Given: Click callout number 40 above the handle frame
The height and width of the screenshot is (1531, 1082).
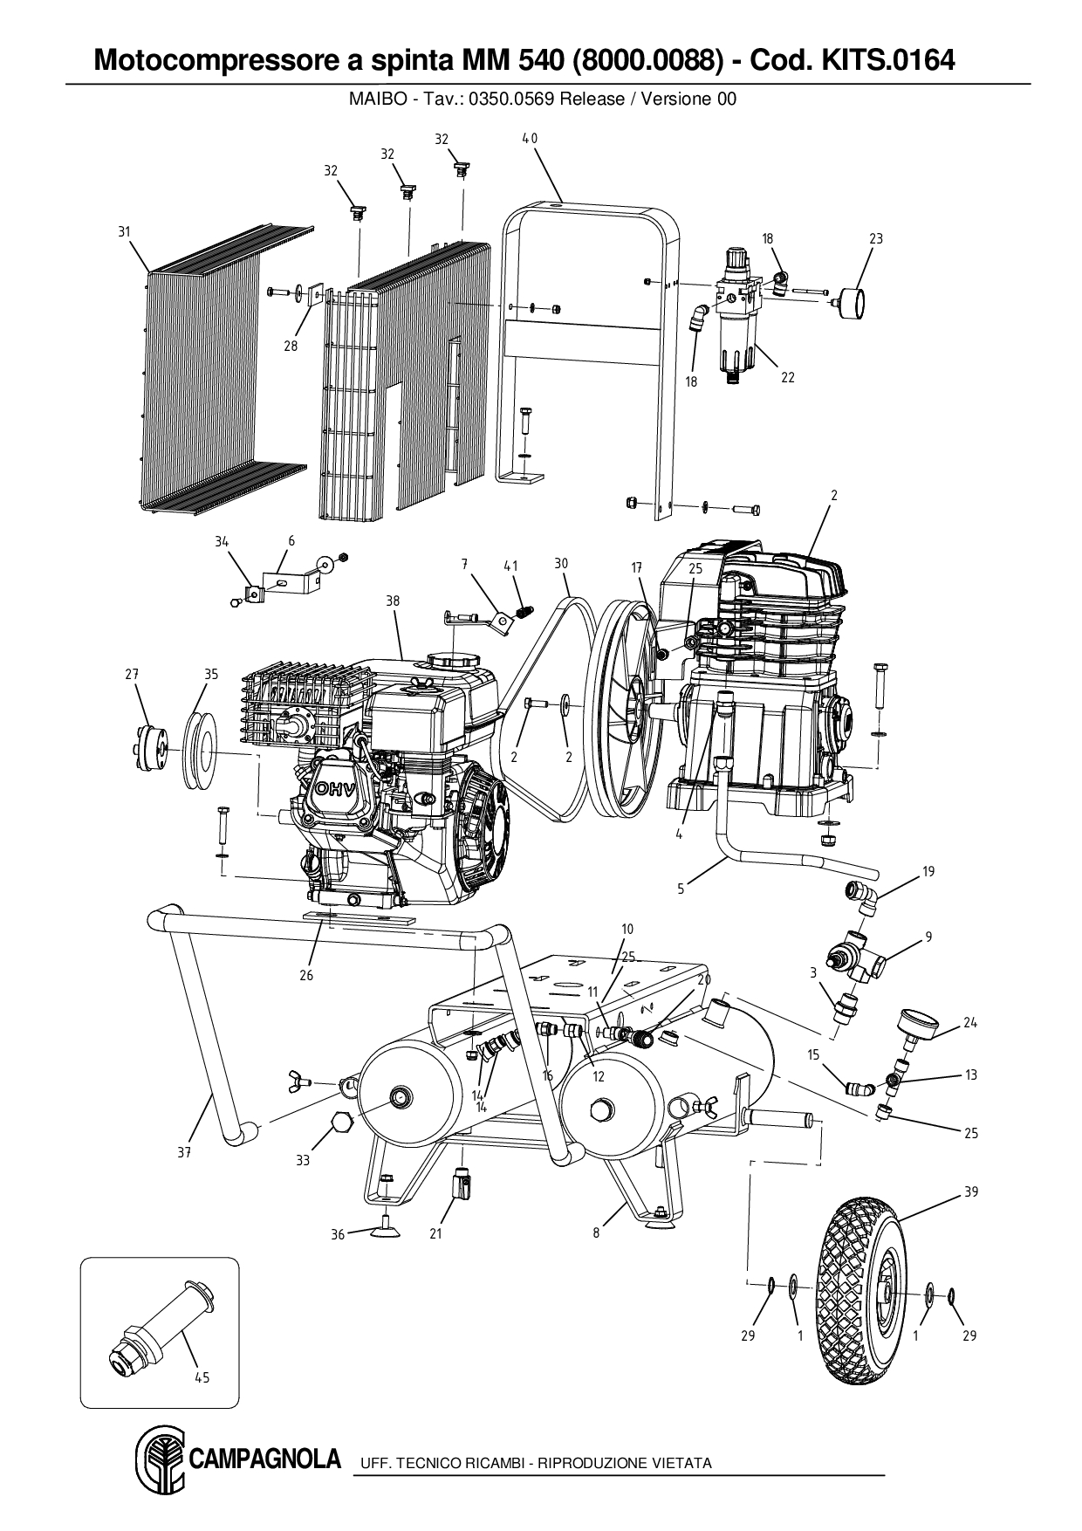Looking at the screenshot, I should tap(530, 138).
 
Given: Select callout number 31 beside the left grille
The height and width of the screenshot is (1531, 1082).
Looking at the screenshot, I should tap(124, 231).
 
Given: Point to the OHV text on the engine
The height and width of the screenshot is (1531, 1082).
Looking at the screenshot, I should tap(330, 791).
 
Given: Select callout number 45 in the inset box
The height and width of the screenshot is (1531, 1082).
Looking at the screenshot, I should tap(202, 1378).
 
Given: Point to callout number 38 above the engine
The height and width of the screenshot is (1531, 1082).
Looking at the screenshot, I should tap(393, 601).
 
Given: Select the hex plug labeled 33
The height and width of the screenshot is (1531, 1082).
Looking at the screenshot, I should tap(337, 1132).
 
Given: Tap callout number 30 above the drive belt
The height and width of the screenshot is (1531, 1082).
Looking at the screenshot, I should tap(561, 564).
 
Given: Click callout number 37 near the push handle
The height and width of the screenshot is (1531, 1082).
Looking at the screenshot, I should tap(183, 1152).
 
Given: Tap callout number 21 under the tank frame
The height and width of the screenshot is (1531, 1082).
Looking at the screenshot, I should tap(435, 1233).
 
